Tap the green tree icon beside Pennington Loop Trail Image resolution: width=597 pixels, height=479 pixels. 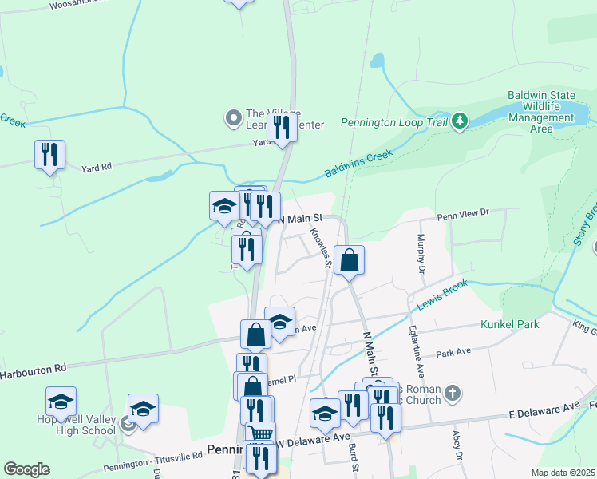(459, 121)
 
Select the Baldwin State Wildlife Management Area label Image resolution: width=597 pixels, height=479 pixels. (541, 112)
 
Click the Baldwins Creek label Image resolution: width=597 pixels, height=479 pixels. (359, 164)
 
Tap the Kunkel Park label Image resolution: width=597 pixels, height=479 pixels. (509, 324)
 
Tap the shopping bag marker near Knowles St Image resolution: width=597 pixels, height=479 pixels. (349, 260)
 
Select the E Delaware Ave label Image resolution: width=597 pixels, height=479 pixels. (543, 407)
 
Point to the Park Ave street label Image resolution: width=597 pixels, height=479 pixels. (454, 351)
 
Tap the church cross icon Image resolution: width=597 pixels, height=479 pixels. (453, 393)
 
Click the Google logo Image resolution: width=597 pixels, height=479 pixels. (26, 469)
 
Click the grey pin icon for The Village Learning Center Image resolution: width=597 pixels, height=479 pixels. (234, 119)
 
